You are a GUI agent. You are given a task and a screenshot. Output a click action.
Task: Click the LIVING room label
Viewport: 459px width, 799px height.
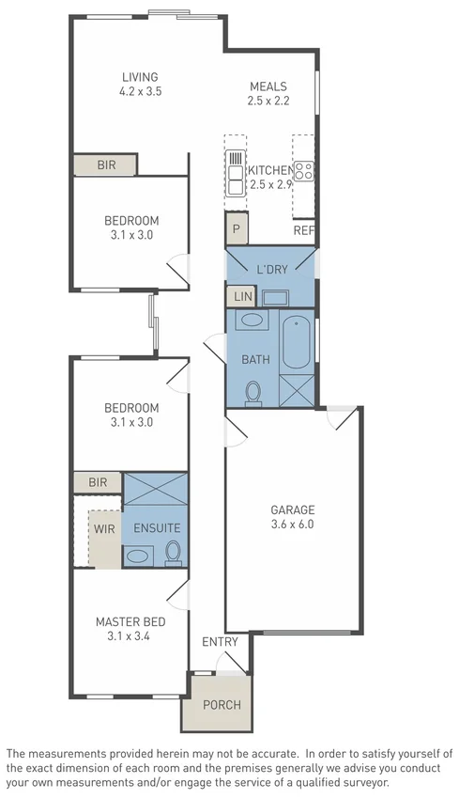[139, 77]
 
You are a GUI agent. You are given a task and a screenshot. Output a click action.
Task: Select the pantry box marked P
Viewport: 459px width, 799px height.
[235, 228]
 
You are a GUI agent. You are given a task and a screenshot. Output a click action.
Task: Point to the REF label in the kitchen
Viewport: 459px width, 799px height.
[303, 230]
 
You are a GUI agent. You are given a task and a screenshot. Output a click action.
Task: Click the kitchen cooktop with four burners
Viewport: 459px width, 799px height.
[304, 171]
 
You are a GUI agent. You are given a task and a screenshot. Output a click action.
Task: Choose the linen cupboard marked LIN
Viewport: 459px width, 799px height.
[241, 297]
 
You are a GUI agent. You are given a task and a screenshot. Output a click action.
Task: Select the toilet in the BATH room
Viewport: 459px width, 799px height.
[252, 392]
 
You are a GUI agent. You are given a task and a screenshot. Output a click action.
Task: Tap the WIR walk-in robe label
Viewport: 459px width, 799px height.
[103, 528]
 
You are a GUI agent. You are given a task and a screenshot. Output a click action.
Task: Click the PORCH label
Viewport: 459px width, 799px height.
[222, 705]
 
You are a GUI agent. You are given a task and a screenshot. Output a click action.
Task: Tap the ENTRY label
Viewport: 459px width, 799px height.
[221, 641]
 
